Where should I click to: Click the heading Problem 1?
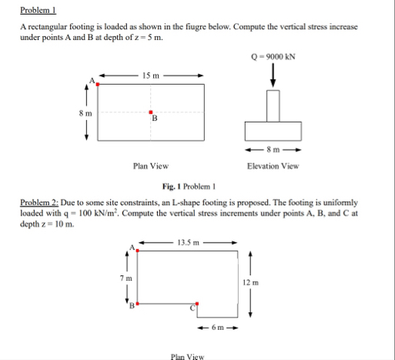tap(35, 10)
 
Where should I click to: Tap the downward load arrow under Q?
tap(273, 76)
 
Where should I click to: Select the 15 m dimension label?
tap(151, 75)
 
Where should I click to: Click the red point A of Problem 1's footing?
tap(98, 83)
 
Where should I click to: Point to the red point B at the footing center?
tap(151, 112)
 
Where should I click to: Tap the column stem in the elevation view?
tap(273, 105)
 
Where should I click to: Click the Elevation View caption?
tap(273, 166)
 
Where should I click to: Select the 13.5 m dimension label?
tap(188, 242)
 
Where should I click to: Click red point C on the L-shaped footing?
tap(197, 304)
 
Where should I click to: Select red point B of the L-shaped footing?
tap(138, 304)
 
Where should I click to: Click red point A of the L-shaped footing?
tap(138, 250)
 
